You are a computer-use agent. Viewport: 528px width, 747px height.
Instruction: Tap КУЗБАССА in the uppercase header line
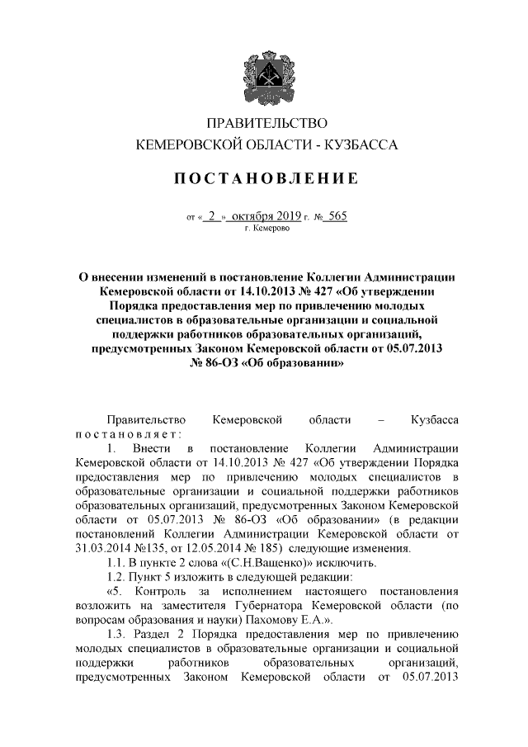361,145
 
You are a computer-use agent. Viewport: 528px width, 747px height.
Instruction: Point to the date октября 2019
267,216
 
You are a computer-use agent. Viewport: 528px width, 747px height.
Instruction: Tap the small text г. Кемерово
266,229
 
